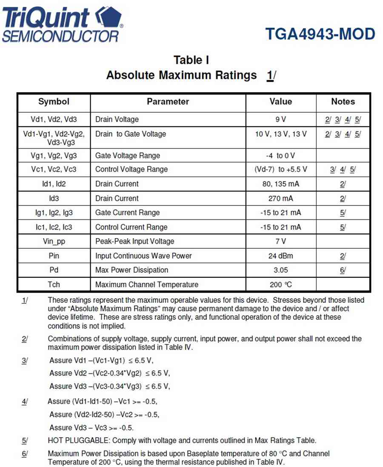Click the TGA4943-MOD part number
tap(320, 34)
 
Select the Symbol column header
tap(54, 102)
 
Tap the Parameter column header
tap(168, 102)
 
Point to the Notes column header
tap(343, 102)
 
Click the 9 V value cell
tap(280, 120)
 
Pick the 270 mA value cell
tap(280, 198)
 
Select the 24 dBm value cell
tap(280, 256)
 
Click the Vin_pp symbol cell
tap(54, 241)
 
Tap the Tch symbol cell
tap(54, 285)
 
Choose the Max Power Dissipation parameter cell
tap(131, 270)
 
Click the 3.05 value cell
tap(280, 270)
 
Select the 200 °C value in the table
tap(280, 285)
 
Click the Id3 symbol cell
tap(54, 198)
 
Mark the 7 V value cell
tap(280, 241)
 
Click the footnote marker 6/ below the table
tap(25, 454)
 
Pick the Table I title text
tap(191, 60)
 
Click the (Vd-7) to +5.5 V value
tap(280, 169)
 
